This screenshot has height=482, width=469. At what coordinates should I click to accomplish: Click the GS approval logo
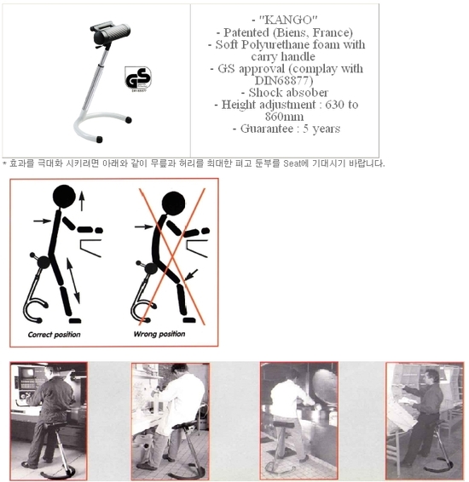tap(138, 78)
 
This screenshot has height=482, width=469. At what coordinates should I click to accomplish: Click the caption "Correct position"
tap(55, 334)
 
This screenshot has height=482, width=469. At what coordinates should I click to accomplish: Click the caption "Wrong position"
tap(159, 334)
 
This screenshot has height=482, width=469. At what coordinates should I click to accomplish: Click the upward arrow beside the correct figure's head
tap(82, 200)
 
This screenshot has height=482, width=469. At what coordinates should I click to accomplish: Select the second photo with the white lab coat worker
tap(170, 415)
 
